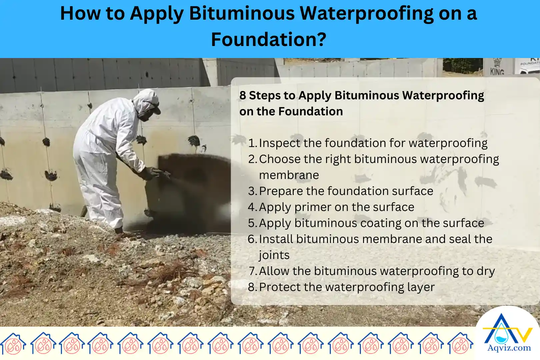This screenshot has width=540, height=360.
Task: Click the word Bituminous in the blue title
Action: [243, 14]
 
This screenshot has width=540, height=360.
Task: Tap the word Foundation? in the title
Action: [269, 40]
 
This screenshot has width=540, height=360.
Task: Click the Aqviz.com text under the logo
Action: [509, 348]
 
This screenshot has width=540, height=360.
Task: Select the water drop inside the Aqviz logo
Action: [500, 336]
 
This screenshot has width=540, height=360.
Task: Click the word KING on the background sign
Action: [497, 71]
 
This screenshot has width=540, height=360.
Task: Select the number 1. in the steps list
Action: [253, 143]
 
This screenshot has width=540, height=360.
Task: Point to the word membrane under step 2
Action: [289, 175]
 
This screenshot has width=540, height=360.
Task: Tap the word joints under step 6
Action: [274, 255]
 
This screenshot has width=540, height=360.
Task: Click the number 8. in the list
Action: [253, 287]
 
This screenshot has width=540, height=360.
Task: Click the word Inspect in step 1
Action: [279, 143]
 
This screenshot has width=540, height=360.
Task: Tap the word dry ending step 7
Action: [486, 271]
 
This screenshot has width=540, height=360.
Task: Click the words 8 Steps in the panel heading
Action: [260, 96]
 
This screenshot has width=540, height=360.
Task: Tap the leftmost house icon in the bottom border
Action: [13, 343]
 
